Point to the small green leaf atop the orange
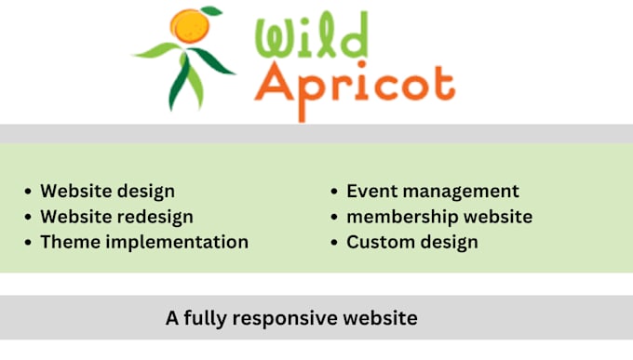211,12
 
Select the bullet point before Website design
27,192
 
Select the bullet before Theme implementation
27,243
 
